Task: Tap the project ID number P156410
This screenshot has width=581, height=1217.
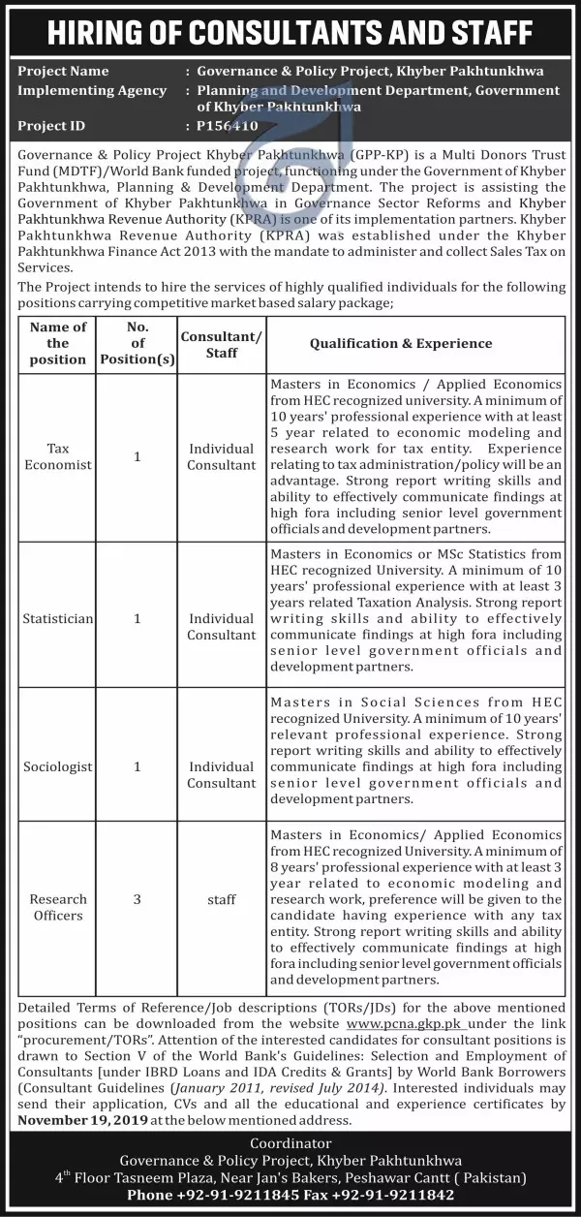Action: (228, 126)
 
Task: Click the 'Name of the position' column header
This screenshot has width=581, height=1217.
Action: (58, 343)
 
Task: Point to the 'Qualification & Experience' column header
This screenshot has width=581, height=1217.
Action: (401, 343)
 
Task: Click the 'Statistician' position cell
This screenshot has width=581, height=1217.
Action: (58, 617)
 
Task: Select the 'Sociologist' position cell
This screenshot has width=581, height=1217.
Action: (58, 766)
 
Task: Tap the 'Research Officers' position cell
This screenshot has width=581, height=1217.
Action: (58, 907)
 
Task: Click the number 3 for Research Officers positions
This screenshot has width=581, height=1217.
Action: (138, 899)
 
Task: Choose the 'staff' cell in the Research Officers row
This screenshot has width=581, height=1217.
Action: (222, 899)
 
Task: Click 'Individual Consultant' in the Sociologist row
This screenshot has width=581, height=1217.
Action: (222, 774)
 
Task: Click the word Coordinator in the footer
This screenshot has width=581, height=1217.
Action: (290, 1143)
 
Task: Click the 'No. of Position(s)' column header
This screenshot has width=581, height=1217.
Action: (138, 343)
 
